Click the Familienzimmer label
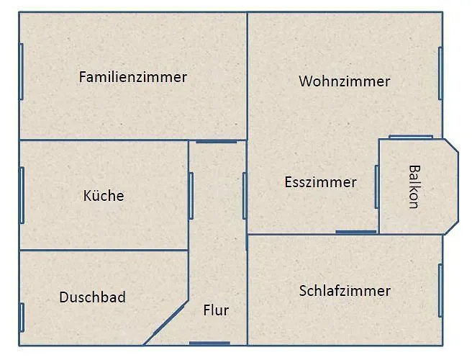click(132, 77)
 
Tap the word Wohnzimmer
click(344, 81)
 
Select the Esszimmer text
click(320, 182)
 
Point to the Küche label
click(104, 195)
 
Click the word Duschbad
click(93, 297)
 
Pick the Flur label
click(216, 310)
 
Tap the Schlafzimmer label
click(345, 291)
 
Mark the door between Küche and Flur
click(191, 195)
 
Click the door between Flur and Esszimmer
click(245, 195)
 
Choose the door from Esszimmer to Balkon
click(376, 186)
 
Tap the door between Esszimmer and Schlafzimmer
click(355, 232)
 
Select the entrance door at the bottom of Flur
click(209, 343)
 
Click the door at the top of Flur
click(216, 141)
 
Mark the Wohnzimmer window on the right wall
click(440, 73)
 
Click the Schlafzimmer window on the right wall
click(440, 290)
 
